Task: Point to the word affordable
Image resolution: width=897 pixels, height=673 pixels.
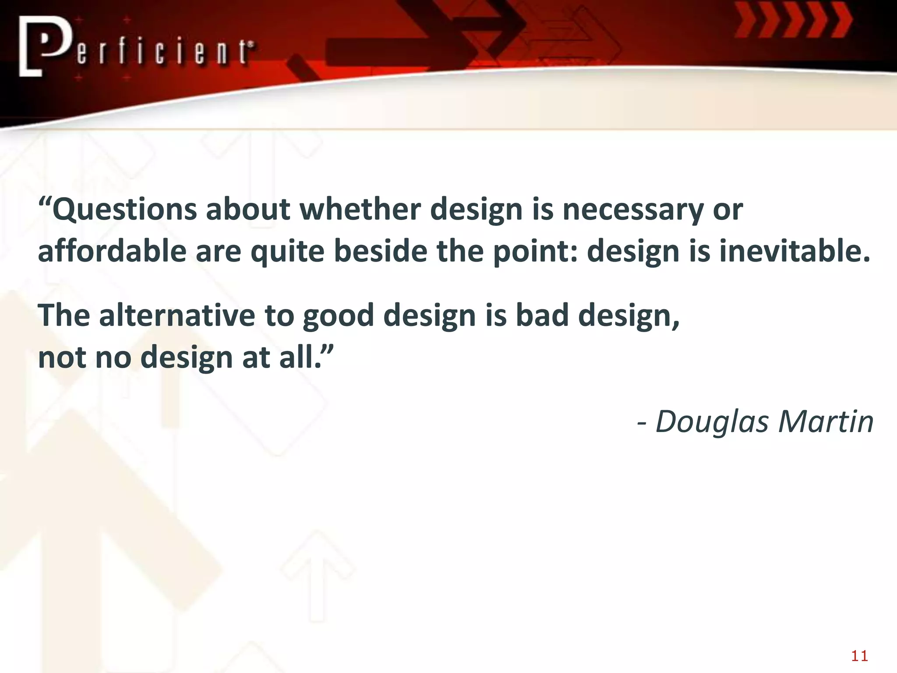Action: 112,251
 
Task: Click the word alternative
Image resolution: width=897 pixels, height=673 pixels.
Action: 177,315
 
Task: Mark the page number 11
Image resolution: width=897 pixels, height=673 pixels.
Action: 859,656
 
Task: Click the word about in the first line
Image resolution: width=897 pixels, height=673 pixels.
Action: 248,209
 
